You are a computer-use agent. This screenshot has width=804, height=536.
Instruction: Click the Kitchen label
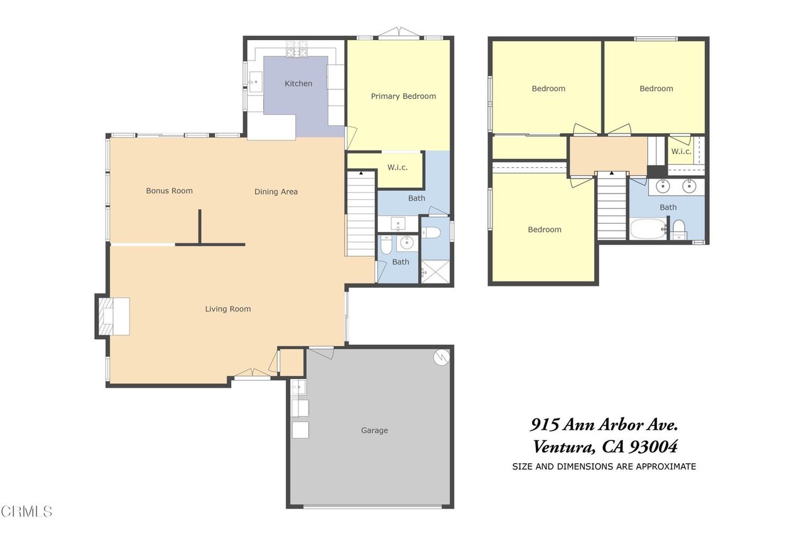(x=298, y=84)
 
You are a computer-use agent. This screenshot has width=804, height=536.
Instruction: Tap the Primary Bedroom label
(x=403, y=96)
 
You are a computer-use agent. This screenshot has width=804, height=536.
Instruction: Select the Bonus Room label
(x=169, y=190)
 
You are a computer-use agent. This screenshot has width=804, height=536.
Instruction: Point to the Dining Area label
(x=276, y=192)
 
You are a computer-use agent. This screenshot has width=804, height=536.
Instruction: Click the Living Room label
(x=228, y=309)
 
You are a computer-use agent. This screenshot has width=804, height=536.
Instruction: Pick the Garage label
(x=374, y=430)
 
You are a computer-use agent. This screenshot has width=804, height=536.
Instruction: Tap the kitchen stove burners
(x=297, y=49)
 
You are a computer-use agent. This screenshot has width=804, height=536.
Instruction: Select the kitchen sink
(x=255, y=82)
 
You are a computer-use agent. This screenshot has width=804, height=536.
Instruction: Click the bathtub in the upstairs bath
(x=648, y=229)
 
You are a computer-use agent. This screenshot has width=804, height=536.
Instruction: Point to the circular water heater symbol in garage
(x=441, y=357)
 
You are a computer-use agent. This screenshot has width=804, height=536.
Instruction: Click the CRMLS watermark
(x=26, y=511)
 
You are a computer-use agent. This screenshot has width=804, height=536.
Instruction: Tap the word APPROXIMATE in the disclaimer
(x=666, y=467)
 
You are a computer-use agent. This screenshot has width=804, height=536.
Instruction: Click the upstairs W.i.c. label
(x=681, y=151)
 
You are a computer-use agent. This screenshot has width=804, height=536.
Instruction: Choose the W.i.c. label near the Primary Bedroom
(x=398, y=167)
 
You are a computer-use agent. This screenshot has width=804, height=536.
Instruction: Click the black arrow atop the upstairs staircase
(x=612, y=173)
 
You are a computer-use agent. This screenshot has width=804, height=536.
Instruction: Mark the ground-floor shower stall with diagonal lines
(x=435, y=271)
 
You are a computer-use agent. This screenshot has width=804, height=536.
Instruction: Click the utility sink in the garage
(x=298, y=387)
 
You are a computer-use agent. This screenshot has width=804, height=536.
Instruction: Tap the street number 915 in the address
(x=545, y=425)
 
